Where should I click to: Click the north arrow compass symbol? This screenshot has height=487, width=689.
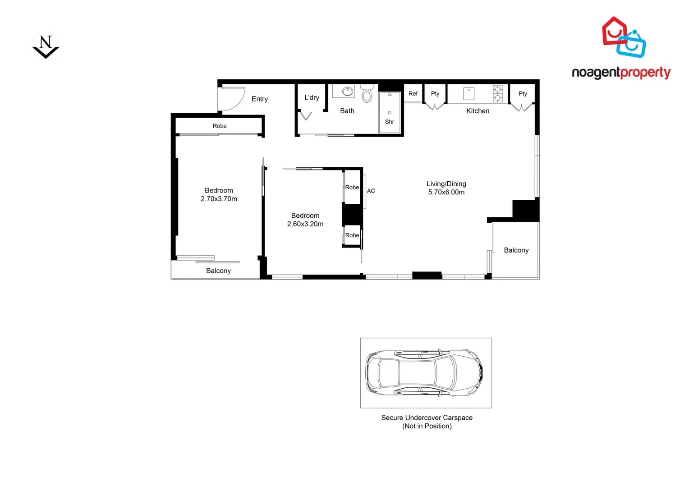click(x=46, y=47)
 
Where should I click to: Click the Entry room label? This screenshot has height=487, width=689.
click(x=259, y=99)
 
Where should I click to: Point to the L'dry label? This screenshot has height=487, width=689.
click(x=312, y=97)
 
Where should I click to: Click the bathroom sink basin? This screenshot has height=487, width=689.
click(x=347, y=92)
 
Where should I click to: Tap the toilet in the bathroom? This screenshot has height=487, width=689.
click(x=367, y=94)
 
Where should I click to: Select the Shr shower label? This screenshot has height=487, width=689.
click(x=390, y=122)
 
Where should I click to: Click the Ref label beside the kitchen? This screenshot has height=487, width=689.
click(x=413, y=94)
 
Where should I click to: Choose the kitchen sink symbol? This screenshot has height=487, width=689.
click(x=469, y=93)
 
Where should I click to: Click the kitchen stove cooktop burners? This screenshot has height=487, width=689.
click(x=497, y=93)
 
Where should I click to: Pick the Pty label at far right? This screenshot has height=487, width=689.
click(x=523, y=94)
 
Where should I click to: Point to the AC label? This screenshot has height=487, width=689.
click(x=371, y=191)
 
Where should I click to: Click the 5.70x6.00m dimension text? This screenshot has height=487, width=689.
click(x=446, y=192)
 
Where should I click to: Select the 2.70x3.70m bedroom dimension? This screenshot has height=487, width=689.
click(x=219, y=199)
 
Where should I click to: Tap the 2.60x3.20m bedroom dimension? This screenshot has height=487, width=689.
click(x=305, y=224)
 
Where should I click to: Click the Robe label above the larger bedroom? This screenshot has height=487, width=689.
click(x=220, y=126)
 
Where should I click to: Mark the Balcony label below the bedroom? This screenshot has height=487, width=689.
click(x=218, y=271)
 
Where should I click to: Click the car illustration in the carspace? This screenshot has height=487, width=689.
click(x=424, y=372)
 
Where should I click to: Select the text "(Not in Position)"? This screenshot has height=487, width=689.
click(x=427, y=426)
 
